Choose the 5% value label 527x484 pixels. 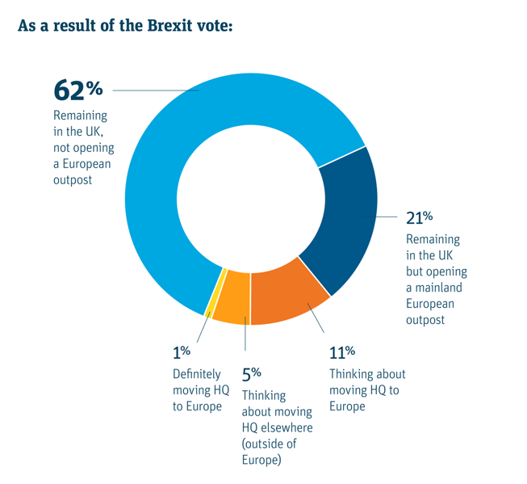click(x=251, y=374)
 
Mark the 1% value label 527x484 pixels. click(x=181, y=353)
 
